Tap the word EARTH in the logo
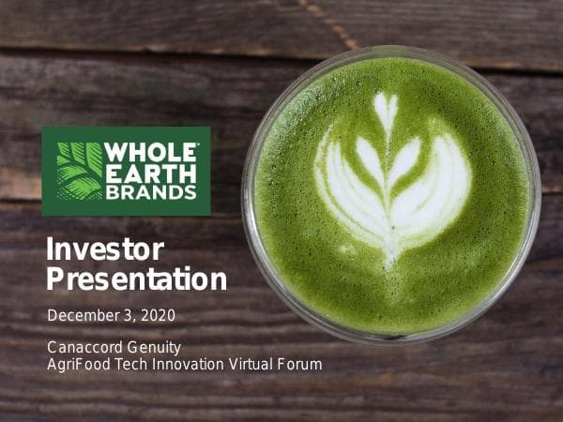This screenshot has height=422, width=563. pos(150,173)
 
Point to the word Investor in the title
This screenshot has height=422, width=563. pos(104,249)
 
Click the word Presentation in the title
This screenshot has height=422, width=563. pos(136,279)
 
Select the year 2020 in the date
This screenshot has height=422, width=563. pos(158,315)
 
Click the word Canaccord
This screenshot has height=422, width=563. pos(83,348)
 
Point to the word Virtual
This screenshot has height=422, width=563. pos(251,364)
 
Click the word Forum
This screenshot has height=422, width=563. pos(300,364)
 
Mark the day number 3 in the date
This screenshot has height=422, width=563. pos(128,315)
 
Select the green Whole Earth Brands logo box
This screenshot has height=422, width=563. pos(126,171)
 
